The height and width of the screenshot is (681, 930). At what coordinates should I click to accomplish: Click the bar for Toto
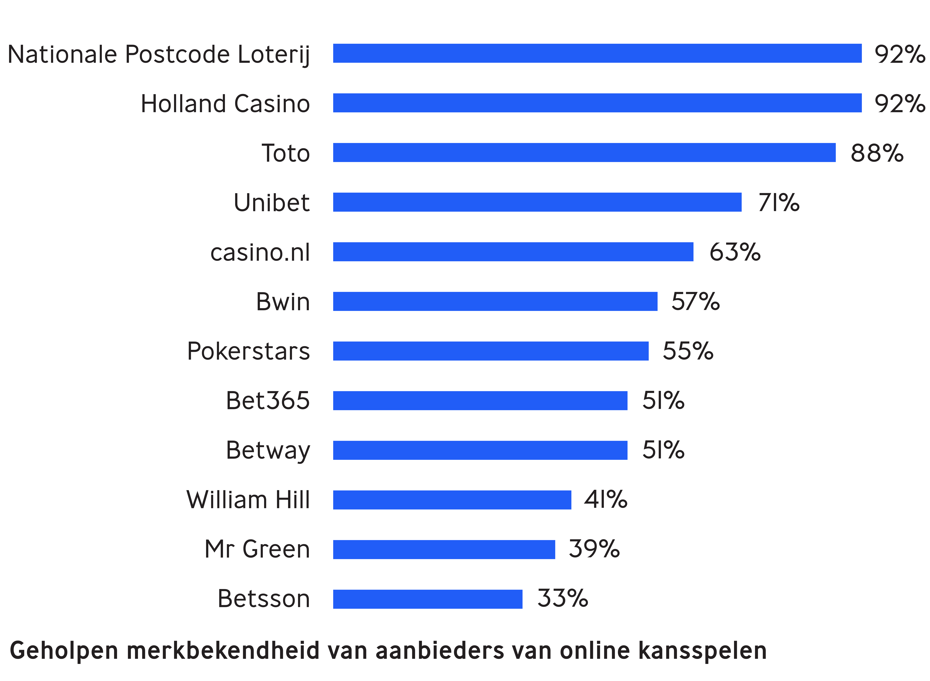(584, 152)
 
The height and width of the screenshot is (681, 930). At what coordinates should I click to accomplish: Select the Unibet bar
(537, 202)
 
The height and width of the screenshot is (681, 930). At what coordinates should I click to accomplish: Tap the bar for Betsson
(428, 599)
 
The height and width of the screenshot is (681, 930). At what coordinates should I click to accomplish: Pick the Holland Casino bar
(597, 103)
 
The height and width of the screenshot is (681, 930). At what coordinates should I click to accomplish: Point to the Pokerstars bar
(491, 351)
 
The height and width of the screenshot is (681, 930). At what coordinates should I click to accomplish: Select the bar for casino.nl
(513, 251)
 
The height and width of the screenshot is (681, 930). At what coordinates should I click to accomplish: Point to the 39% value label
(594, 549)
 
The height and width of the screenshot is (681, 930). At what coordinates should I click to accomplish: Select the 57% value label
(695, 301)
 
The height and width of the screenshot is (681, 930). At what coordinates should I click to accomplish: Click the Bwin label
(283, 302)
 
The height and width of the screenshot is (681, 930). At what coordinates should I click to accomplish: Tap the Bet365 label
(268, 401)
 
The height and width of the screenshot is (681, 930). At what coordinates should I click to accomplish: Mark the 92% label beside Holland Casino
(900, 103)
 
